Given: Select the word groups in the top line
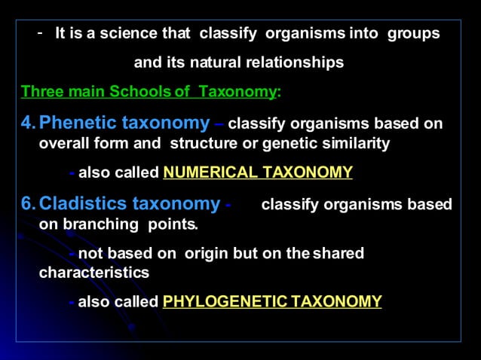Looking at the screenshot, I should coord(413,34).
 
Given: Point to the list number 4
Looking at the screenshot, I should coord(28,122).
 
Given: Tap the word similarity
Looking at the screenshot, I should coord(358,143).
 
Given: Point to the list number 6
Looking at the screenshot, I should coord(28,203).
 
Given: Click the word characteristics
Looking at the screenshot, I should coord(93,273).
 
